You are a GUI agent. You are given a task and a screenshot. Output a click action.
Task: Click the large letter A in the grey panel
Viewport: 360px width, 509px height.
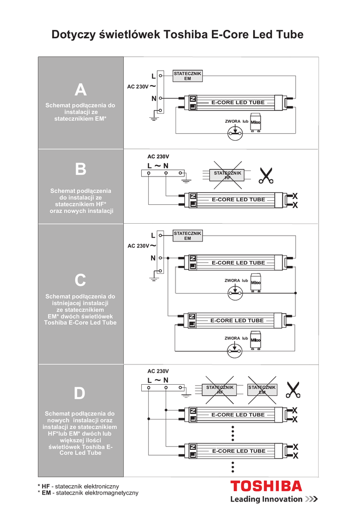click(x=81, y=90)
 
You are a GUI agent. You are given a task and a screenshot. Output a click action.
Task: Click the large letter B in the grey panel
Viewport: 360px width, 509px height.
click(x=81, y=170)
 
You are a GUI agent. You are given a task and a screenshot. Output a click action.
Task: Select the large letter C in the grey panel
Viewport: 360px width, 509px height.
click(x=81, y=281)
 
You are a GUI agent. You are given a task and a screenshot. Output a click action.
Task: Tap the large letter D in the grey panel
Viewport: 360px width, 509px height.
click(x=80, y=394)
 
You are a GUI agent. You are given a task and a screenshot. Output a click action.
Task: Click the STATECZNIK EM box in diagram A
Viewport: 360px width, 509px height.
click(x=187, y=76)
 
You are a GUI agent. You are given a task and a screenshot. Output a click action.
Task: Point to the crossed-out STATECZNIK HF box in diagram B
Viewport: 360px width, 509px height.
click(x=228, y=175)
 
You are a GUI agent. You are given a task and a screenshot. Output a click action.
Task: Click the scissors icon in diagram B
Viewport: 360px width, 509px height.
click(x=266, y=175)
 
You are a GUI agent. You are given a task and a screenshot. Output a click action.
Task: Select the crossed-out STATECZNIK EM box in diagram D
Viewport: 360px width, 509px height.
click(x=262, y=390)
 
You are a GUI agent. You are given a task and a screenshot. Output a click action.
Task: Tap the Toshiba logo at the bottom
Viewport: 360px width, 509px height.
click(x=266, y=486)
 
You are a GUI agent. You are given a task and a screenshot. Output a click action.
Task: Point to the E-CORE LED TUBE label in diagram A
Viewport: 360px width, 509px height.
click(x=238, y=102)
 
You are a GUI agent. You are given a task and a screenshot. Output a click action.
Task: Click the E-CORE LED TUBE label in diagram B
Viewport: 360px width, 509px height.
click(x=238, y=199)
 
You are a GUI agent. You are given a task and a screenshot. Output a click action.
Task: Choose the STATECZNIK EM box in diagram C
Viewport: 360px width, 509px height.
click(x=187, y=236)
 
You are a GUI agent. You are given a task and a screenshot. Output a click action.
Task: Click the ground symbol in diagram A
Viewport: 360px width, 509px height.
click(x=154, y=118)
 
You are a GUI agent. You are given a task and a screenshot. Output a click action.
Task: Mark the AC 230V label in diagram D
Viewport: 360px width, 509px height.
click(x=158, y=371)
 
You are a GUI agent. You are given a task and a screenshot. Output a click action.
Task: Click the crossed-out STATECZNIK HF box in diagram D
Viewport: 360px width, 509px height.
click(x=220, y=390)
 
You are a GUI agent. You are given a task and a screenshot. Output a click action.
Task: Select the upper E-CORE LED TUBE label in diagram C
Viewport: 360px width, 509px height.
click(x=238, y=262)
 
